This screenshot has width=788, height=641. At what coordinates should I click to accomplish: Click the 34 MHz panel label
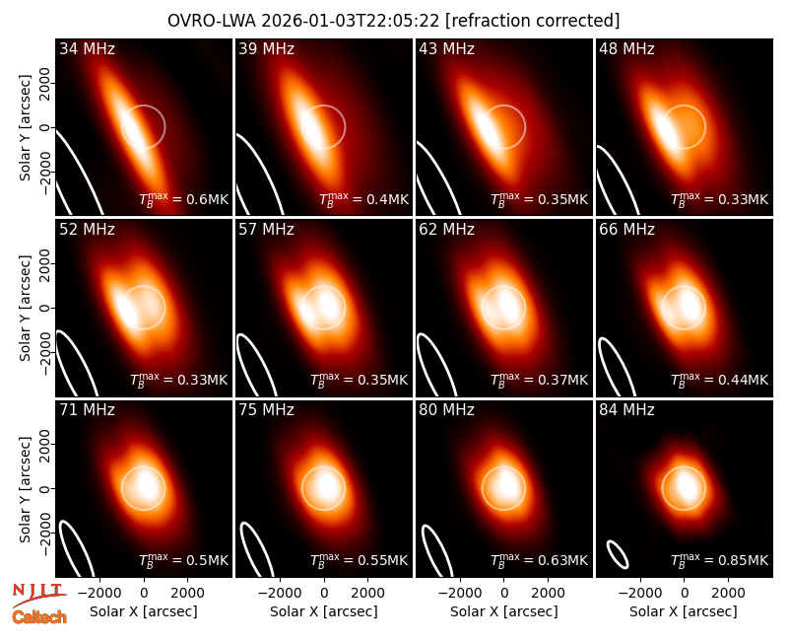(87, 48)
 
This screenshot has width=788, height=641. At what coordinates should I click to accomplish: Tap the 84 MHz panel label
(626, 410)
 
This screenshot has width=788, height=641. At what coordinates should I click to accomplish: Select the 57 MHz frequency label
(266, 230)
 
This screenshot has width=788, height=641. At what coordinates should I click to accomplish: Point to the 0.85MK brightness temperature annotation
(720, 559)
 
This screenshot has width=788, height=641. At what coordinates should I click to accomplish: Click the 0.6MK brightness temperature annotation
(184, 199)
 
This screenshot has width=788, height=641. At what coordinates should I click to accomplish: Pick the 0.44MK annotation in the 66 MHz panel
(720, 380)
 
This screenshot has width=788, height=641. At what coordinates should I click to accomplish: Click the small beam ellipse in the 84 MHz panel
(618, 554)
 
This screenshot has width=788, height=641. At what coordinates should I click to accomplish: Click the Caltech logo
(39, 617)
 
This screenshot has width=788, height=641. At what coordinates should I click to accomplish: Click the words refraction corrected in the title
(533, 21)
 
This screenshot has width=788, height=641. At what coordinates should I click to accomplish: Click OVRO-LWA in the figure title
(212, 21)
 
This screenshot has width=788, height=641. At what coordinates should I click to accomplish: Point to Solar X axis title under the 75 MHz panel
(324, 611)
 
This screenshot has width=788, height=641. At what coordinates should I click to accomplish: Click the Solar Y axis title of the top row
(25, 128)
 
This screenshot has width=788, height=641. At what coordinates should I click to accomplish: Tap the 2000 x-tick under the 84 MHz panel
(728, 593)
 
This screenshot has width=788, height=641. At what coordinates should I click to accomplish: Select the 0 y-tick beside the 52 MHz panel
(45, 308)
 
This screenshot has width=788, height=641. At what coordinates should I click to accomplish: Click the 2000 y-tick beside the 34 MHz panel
(45, 83)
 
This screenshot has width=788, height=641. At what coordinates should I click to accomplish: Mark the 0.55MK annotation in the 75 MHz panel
(360, 559)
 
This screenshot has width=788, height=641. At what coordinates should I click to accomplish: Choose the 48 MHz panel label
(626, 48)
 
